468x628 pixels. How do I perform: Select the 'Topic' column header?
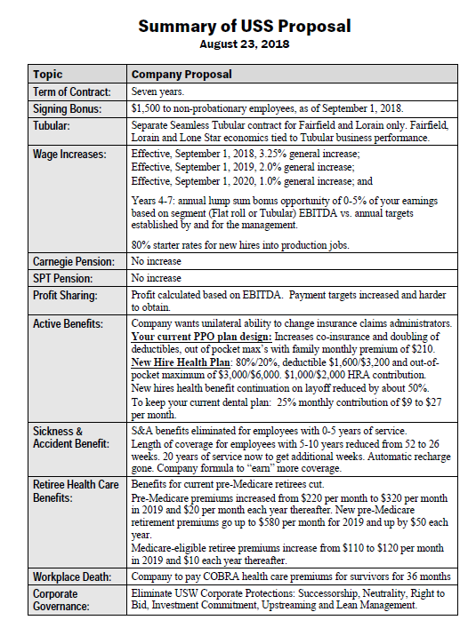pyautogui.click(x=48, y=75)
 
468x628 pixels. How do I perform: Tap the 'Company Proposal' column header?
pyautogui.click(x=182, y=75)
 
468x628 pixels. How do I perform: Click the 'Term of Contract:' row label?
pyautogui.click(x=72, y=91)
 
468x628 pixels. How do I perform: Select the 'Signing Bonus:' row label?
pyautogui.click(x=68, y=108)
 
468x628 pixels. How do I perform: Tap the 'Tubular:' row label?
pyautogui.click(x=53, y=125)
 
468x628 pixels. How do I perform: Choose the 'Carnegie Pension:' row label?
pyautogui.click(x=74, y=262)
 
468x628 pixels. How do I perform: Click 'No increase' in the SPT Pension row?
pyautogui.click(x=157, y=278)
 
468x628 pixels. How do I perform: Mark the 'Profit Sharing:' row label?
pyautogui.click(x=66, y=294)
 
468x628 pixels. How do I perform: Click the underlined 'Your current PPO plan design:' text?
pyautogui.click(x=204, y=337)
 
